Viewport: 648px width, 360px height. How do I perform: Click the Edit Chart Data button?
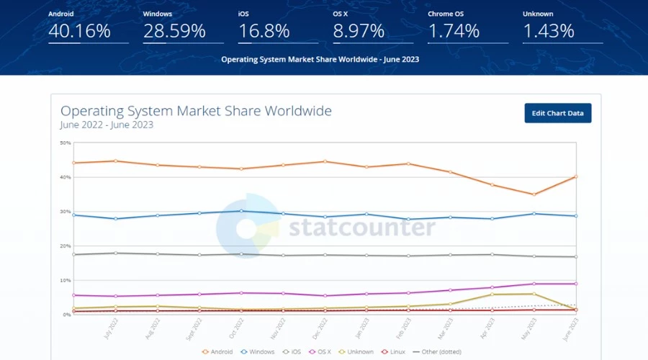point(558,113)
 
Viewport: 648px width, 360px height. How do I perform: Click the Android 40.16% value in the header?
point(79,31)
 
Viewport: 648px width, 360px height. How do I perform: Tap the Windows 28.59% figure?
point(174,31)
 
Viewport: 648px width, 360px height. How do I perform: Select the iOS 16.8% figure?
point(264,31)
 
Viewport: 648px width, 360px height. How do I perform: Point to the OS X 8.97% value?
point(359,31)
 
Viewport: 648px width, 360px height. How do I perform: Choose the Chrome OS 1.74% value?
point(454,31)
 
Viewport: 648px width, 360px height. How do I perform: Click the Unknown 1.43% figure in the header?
point(549,31)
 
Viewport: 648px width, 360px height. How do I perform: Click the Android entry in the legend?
point(219,351)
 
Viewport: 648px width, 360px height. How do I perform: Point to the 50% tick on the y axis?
point(66,143)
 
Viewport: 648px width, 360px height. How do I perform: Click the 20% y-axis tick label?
point(66,246)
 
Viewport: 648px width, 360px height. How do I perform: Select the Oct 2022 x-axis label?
point(235,328)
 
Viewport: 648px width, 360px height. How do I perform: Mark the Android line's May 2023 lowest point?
point(534,194)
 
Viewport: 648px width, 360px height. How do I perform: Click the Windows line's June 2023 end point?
point(575,216)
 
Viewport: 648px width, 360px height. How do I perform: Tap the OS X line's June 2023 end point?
point(575,284)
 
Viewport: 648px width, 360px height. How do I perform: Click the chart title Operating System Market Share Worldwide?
point(196,111)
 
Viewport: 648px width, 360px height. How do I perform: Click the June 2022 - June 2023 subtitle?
point(107,125)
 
